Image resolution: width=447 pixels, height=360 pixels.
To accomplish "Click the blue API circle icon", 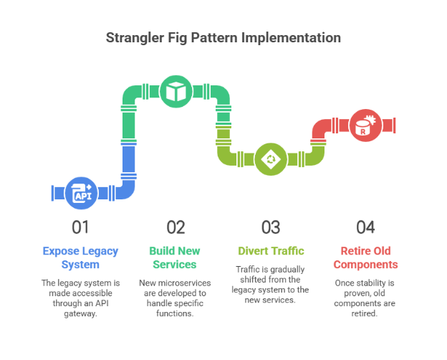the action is click(x=81, y=193).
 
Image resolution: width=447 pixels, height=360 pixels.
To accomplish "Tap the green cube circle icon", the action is click(x=176, y=92).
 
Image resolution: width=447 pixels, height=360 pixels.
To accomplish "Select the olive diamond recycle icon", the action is click(x=271, y=159).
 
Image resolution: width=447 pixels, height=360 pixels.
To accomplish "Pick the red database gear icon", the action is click(x=365, y=125).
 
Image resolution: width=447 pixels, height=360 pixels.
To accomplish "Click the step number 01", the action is click(x=80, y=227).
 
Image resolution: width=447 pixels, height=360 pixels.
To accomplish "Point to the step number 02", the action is click(x=176, y=227).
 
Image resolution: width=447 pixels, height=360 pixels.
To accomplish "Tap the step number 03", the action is click(x=271, y=227).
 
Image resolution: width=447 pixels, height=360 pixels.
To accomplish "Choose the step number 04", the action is click(x=365, y=227).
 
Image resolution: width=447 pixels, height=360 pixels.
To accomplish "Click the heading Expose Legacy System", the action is click(x=80, y=257).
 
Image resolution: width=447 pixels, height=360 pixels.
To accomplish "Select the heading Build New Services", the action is click(x=175, y=257).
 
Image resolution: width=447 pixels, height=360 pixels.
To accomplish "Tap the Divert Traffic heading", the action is click(x=271, y=251).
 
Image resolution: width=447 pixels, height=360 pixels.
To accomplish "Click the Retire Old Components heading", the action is click(x=365, y=257).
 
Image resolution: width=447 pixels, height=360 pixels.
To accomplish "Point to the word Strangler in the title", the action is click(x=135, y=38).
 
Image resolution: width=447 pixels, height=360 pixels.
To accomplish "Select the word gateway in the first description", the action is click(x=80, y=313).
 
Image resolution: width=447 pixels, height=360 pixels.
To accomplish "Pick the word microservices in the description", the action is click(x=184, y=283).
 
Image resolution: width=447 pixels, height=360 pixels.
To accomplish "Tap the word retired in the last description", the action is click(x=365, y=313).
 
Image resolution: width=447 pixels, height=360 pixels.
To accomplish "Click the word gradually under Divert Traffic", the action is click(x=287, y=270).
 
